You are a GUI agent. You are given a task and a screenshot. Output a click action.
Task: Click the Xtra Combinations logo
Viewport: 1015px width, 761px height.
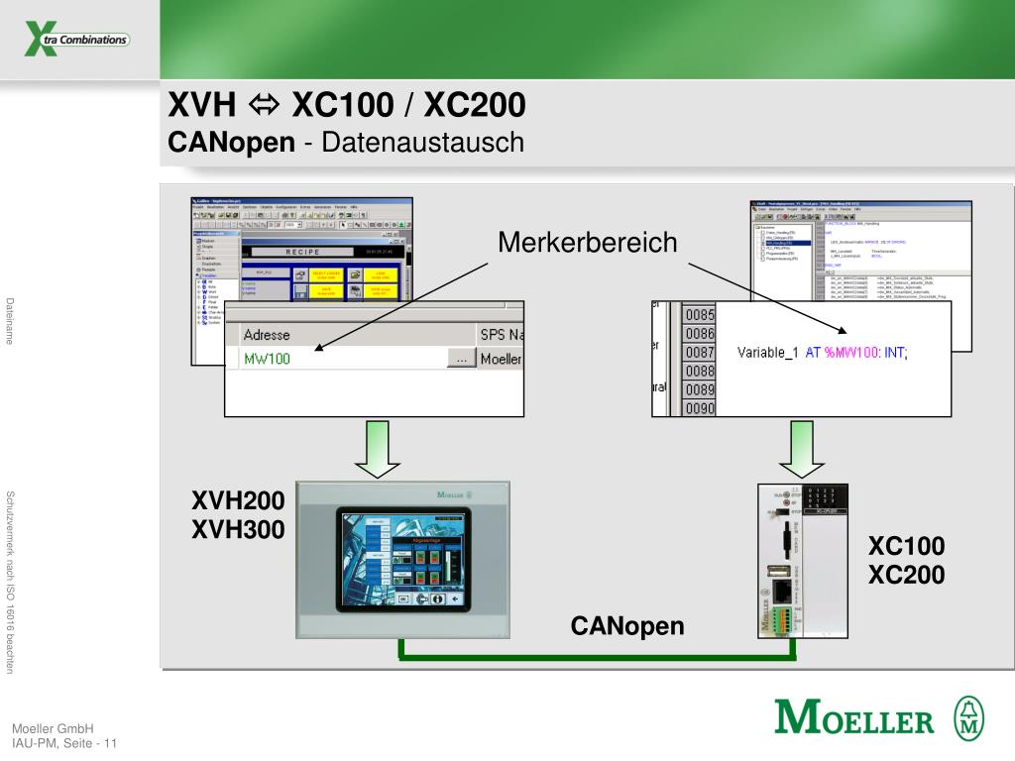76,41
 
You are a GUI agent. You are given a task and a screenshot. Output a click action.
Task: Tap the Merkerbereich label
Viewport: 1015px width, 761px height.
587,243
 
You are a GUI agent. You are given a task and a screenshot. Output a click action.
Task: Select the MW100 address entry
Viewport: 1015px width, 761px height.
268,359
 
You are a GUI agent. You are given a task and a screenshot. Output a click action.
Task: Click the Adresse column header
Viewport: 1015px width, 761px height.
268,335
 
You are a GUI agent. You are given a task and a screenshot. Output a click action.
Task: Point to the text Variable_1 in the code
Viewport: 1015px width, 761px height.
768,353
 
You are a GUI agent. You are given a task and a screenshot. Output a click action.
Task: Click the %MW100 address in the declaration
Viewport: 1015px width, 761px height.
851,353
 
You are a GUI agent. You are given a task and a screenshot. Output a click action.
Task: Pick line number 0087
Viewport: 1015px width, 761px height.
700,353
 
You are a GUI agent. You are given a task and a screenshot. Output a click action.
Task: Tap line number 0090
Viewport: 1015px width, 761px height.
700,407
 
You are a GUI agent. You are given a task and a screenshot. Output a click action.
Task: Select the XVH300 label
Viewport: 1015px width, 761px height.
238,530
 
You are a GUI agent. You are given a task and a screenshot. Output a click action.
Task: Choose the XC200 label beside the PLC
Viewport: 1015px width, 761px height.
906,575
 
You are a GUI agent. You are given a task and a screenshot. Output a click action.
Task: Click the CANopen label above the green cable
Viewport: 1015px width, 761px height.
626,626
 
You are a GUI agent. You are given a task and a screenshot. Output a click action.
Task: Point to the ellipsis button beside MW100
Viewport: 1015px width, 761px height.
461,359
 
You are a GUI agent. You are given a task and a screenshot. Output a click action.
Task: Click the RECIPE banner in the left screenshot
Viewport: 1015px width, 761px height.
302,252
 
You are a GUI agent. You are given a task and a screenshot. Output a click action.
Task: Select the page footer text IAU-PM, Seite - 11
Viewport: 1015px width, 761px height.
64,743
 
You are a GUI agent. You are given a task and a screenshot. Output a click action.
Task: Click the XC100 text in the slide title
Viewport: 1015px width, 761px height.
346,104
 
